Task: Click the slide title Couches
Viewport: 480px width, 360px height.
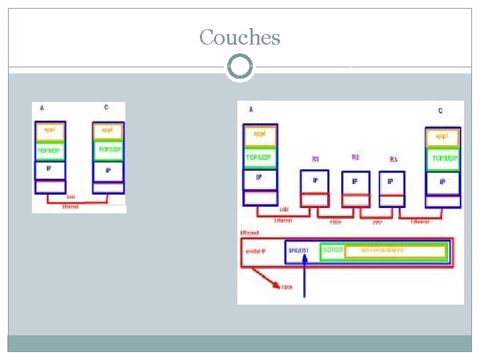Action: pyautogui.click(x=240, y=37)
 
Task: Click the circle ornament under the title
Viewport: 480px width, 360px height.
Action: pyautogui.click(x=240, y=67)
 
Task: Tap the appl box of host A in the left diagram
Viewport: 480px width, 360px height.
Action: pyautogui.click(x=50, y=130)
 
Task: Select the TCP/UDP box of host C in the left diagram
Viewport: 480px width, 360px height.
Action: pyautogui.click(x=109, y=151)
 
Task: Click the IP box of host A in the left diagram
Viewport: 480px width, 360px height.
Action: pyautogui.click(x=50, y=170)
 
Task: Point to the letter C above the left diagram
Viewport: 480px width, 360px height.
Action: pyautogui.click(x=106, y=108)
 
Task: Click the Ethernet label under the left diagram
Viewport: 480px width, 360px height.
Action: pyautogui.click(x=70, y=207)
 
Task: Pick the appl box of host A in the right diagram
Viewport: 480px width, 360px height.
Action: pyautogui.click(x=260, y=135)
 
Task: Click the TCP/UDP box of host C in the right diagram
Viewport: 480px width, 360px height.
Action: pyautogui.click(x=443, y=159)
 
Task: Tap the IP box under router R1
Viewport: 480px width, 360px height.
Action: pyautogui.click(x=315, y=181)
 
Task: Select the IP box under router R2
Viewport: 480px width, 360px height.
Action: pyautogui.click(x=355, y=181)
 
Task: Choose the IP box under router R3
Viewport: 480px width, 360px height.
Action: pyautogui.click(x=391, y=181)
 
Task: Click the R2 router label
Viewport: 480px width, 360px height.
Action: pyautogui.click(x=355, y=157)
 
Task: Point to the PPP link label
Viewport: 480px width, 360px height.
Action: pyautogui.click(x=377, y=221)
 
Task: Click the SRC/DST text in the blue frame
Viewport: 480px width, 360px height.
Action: pyautogui.click(x=297, y=251)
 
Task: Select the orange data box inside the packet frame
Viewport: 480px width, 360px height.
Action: pyautogui.click(x=383, y=251)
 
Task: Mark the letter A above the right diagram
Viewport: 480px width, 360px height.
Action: pyautogui.click(x=251, y=109)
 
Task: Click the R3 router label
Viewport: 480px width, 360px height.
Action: pyautogui.click(x=393, y=160)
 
